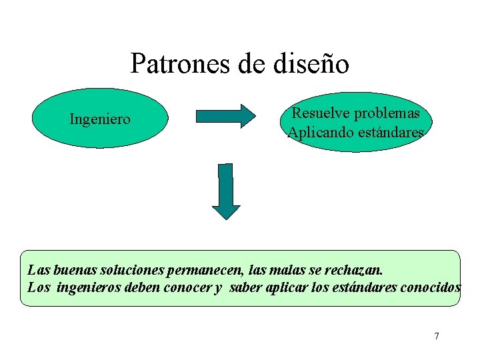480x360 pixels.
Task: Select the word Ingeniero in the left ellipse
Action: [100, 119]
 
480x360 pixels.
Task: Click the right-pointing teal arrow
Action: [225, 116]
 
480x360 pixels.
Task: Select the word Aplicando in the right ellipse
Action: [317, 133]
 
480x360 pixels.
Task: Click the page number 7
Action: [437, 336]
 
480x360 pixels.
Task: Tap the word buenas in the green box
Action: [65, 271]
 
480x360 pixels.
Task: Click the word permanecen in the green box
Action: [195, 271]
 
